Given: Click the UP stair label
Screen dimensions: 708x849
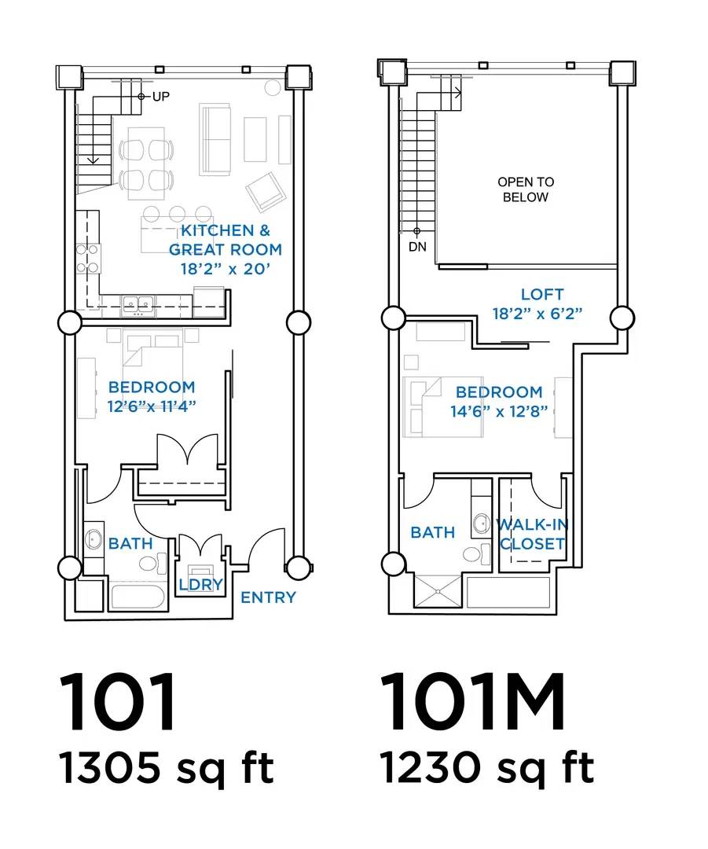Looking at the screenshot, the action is [161, 97].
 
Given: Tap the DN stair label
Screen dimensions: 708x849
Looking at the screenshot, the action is [417, 247].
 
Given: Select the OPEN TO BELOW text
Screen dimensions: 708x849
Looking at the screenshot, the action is [526, 189].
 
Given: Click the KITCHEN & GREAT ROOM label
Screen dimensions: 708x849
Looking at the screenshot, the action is [226, 240].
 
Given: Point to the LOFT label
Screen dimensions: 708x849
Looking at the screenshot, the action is [542, 295].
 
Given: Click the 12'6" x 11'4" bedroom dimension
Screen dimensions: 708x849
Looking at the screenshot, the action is [152, 406].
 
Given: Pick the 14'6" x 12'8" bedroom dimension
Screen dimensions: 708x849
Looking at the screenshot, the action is [499, 411].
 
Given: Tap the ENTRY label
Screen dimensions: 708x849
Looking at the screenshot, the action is [269, 597].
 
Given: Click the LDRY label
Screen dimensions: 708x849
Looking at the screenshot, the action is [201, 584].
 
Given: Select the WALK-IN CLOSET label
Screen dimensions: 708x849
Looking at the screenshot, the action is [533, 534].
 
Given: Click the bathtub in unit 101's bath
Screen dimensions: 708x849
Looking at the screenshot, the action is [137, 597].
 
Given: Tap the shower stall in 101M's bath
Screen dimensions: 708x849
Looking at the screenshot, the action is [438, 591].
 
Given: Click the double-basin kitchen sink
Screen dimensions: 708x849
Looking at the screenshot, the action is [138, 303].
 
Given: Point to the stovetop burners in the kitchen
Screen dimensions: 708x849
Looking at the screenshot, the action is [87, 259].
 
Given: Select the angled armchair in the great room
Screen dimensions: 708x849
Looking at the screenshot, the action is [266, 192].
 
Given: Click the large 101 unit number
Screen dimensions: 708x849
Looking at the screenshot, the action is [117, 702].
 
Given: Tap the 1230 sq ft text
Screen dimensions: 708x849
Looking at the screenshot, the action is [486, 768].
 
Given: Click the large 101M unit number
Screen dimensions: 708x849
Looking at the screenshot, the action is [472, 702].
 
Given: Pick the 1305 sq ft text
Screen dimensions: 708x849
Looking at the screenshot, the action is [167, 768].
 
